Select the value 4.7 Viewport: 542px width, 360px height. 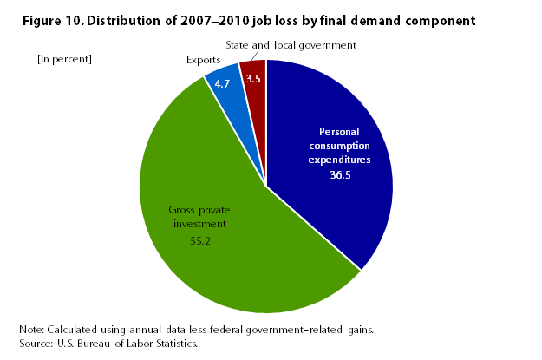point(221,85)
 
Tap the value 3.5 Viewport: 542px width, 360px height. point(253,79)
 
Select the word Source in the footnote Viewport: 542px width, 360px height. point(36,344)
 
